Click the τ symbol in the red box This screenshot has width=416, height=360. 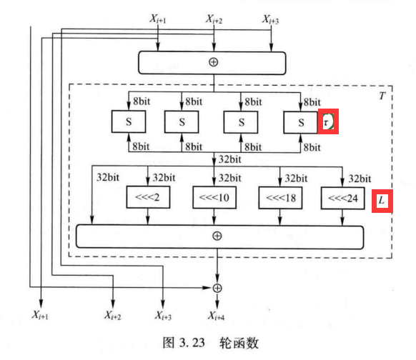click(327, 122)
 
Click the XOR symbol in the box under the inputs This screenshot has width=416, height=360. click(212, 62)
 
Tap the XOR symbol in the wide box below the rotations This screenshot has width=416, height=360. click(217, 236)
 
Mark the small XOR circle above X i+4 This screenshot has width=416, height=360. click(217, 287)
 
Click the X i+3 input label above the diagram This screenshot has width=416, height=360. click(269, 20)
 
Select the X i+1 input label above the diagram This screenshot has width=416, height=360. click(157, 20)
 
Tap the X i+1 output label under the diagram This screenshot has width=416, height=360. click(42, 314)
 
